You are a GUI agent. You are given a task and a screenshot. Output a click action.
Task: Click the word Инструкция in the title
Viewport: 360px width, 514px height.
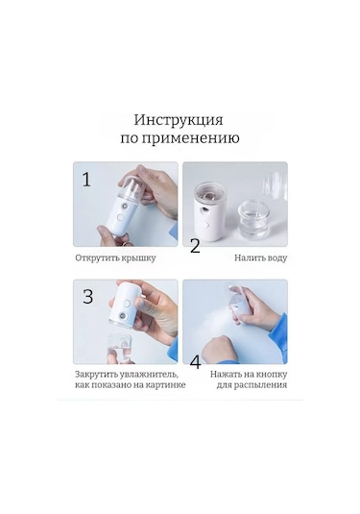click(179, 121)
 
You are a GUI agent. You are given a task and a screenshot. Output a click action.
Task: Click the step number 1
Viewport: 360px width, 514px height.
click(86, 180)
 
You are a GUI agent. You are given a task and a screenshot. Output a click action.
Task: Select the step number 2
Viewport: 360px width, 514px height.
click(195, 246)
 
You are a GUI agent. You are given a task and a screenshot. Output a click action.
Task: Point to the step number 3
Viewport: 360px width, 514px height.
click(87, 297)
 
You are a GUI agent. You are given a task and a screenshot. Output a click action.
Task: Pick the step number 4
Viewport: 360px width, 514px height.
click(195, 362)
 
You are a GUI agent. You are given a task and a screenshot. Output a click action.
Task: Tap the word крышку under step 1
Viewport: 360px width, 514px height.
click(138, 258)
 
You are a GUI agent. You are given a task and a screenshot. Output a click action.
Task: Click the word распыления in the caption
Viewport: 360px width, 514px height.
click(261, 385)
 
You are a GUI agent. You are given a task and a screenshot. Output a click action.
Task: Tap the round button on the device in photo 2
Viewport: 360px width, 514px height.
click(207, 225)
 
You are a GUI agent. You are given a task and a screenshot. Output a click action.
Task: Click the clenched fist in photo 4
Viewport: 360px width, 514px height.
click(220, 349)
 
